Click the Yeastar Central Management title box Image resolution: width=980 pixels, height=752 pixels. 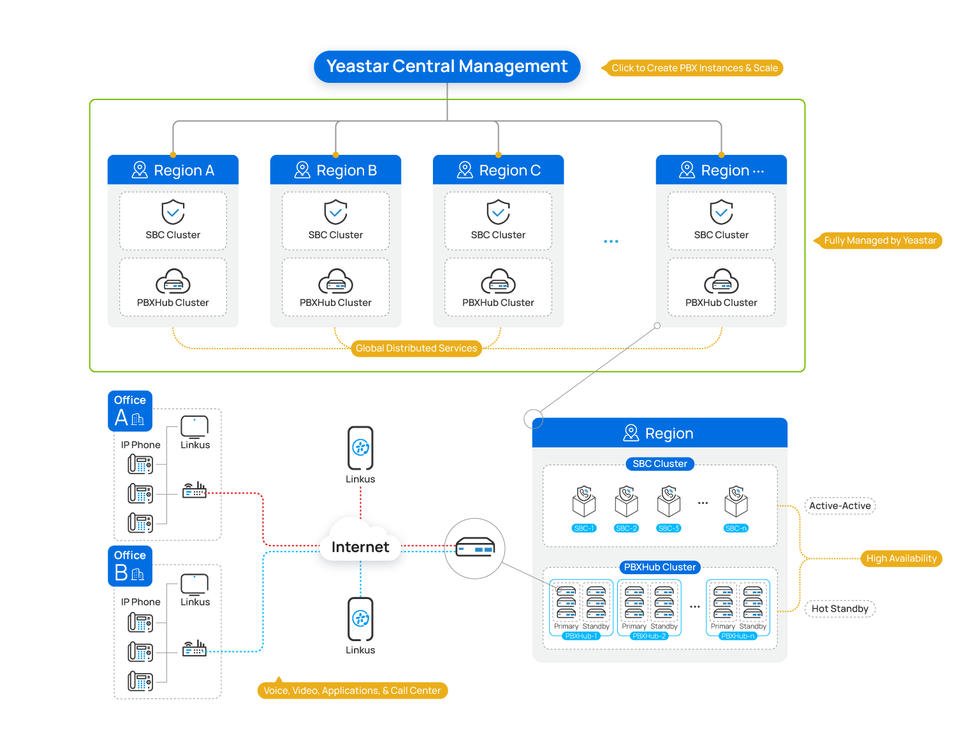click(447, 67)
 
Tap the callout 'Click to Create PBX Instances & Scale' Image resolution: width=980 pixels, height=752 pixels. click(694, 68)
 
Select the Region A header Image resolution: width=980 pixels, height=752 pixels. click(173, 170)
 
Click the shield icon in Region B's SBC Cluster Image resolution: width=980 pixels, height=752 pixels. click(336, 212)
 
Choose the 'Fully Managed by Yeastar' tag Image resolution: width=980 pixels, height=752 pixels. click(879, 240)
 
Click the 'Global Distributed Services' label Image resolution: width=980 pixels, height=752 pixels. click(416, 349)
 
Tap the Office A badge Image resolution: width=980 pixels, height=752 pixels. click(130, 410)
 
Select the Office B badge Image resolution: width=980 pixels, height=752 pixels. click(130, 566)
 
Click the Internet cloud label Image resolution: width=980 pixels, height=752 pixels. click(360, 547)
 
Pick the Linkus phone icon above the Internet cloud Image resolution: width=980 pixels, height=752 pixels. click(360, 448)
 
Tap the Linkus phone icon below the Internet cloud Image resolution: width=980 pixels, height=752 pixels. click(360, 619)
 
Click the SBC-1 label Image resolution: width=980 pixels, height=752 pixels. click(583, 528)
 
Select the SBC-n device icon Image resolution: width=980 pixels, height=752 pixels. click(736, 502)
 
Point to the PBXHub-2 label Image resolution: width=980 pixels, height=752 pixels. click(649, 636)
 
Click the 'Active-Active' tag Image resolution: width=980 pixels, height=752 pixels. click(840, 506)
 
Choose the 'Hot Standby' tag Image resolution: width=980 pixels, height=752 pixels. click(840, 609)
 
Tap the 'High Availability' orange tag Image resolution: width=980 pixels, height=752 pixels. click(901, 558)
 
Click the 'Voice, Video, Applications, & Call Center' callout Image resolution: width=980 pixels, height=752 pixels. click(352, 691)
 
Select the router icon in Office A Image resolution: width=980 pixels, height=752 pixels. click(194, 491)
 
